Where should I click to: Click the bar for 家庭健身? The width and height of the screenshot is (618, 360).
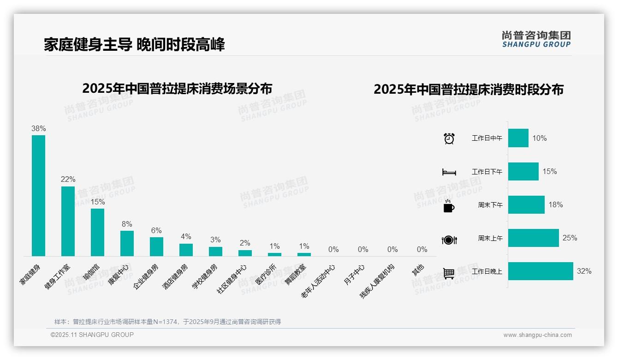[x=38, y=195]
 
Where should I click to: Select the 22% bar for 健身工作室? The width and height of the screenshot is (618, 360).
[x=68, y=221]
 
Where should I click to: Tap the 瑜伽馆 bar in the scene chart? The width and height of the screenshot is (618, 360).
[x=97, y=232]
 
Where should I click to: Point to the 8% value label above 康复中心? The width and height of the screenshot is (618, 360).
[x=127, y=224]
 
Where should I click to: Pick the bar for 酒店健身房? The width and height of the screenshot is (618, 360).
[x=186, y=250]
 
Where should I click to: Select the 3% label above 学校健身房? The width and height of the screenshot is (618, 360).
[x=215, y=240]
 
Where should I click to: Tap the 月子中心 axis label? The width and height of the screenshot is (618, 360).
[x=354, y=275]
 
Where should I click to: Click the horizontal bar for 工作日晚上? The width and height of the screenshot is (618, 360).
[x=541, y=271]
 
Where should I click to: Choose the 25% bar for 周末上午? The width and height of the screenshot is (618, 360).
[x=533, y=238]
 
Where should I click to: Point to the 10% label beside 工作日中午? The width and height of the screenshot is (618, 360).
[x=540, y=138]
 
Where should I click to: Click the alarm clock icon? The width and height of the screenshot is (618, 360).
[x=449, y=138]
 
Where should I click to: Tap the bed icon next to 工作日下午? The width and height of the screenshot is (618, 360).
[x=449, y=172]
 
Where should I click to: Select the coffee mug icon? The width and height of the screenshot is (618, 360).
[x=449, y=206]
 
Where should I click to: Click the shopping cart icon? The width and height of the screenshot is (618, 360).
[x=449, y=273]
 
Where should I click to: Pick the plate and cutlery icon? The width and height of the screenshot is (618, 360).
[x=449, y=240]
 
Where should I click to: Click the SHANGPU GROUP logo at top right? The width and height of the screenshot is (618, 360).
[x=536, y=39]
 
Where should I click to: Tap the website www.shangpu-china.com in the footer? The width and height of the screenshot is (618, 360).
[x=537, y=335]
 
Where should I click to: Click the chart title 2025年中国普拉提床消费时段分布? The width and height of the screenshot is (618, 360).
[x=469, y=90]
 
